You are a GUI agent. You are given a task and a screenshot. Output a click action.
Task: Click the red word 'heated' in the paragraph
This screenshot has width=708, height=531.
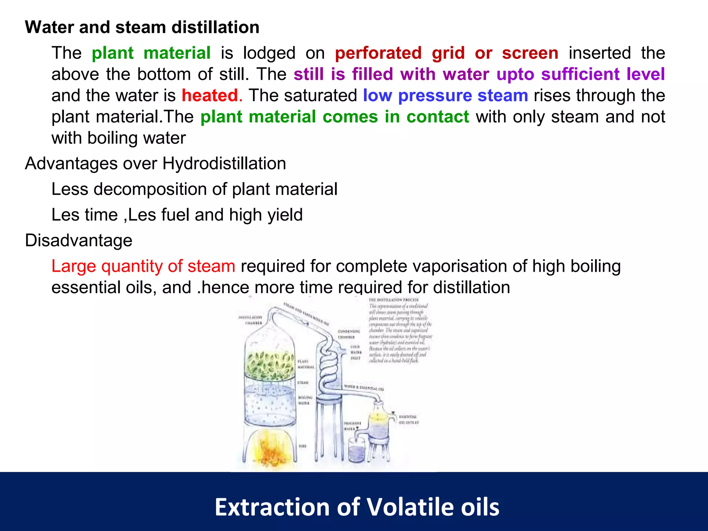[210, 95]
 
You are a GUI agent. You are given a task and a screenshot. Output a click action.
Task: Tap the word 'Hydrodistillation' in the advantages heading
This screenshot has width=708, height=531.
[224, 164]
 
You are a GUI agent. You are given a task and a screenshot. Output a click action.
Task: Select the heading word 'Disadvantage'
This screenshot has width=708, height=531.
[79, 240]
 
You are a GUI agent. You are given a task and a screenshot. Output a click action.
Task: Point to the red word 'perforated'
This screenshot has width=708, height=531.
[378, 53]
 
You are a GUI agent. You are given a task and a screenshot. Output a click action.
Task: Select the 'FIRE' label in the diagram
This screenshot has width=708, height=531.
[302, 446]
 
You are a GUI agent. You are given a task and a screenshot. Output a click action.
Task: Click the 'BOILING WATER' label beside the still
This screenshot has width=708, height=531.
[305, 400]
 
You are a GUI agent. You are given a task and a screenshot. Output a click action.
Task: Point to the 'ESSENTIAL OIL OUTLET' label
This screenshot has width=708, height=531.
[408, 420]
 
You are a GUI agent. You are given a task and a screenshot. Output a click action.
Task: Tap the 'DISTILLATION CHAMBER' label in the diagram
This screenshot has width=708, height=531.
[251, 320]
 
